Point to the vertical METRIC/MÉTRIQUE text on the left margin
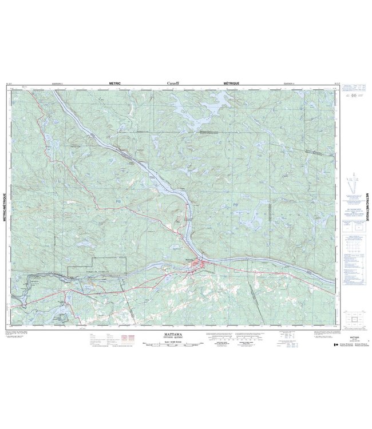[x=5, y=200]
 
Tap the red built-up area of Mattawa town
[x=200, y=264]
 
